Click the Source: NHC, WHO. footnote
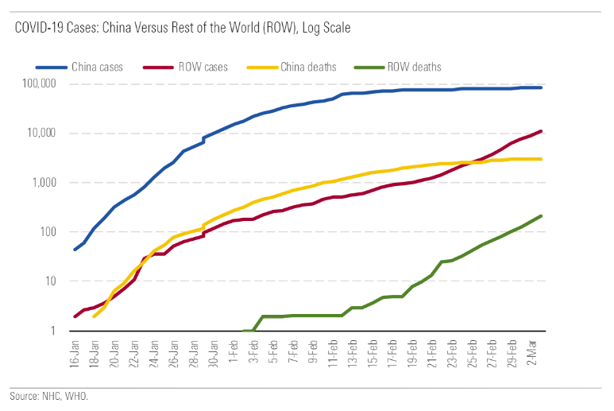pyautogui.click(x=48, y=395)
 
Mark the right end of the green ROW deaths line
pyautogui.click(x=541, y=215)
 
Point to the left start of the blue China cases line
pyautogui.click(x=75, y=250)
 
